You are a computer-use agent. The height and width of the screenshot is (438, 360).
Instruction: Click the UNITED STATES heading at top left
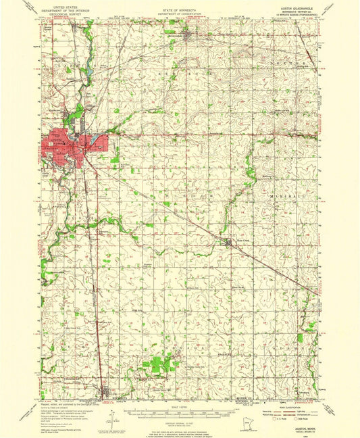[61, 5]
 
